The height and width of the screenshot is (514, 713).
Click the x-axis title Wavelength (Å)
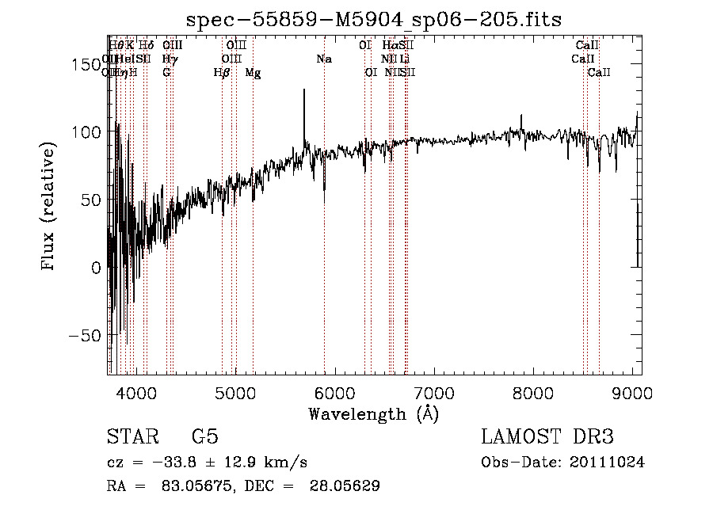[373, 413]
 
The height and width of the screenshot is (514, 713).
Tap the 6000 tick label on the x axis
[334, 392]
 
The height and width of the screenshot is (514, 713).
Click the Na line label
[324, 59]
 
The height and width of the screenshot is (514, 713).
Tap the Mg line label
[253, 73]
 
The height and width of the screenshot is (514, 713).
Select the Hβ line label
[222, 73]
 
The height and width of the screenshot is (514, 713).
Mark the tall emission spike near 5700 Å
[304, 93]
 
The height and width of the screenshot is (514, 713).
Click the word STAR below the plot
[130, 437]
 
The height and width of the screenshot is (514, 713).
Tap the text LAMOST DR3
[547, 437]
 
